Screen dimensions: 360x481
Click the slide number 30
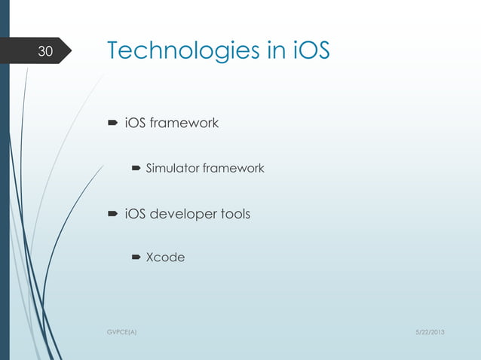pyautogui.click(x=45, y=52)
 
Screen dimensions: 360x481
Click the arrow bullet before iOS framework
pyautogui.click(x=112, y=123)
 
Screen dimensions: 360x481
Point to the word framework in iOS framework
pyautogui.click(x=184, y=123)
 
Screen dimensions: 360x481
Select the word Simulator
pyautogui.click(x=172, y=169)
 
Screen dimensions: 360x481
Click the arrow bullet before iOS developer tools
pyautogui.click(x=112, y=215)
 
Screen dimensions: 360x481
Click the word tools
pyautogui.click(x=234, y=215)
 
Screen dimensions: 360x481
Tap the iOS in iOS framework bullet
pyautogui.click(x=135, y=123)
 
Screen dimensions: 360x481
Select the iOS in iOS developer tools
pyautogui.click(x=135, y=215)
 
